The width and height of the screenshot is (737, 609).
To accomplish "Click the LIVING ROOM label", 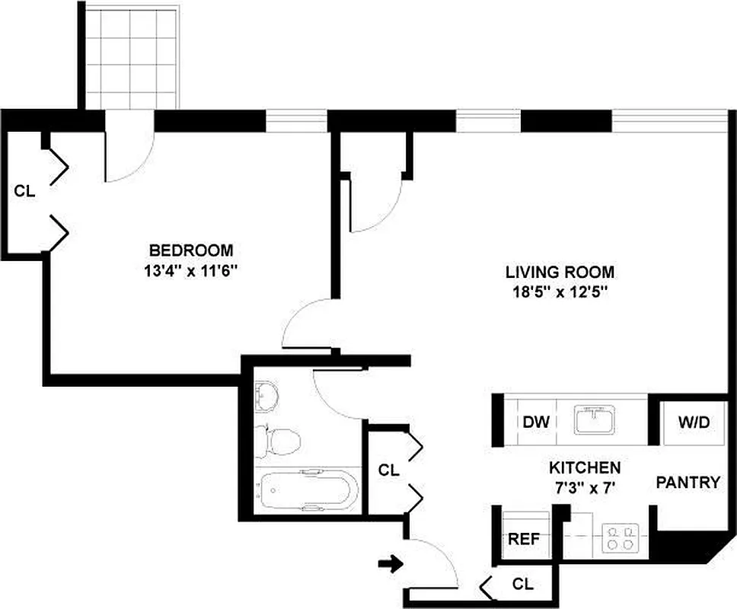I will [x=560, y=272].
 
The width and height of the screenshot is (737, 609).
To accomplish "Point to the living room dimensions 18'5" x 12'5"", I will [x=560, y=292].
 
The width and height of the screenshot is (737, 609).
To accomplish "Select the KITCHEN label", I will [x=585, y=467].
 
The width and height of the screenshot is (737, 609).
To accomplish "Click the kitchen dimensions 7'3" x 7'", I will [x=585, y=487].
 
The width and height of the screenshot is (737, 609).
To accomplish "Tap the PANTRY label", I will [x=688, y=482].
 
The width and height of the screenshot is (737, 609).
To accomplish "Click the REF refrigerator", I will [x=524, y=539].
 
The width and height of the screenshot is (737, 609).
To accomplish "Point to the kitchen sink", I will [x=595, y=419].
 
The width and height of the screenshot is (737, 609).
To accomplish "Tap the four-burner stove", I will [x=618, y=538].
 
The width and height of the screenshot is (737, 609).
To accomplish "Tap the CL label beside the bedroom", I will [x=24, y=191].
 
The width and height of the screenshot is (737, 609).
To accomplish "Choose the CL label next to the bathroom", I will [x=388, y=470].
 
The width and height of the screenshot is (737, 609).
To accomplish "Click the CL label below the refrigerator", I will [x=522, y=585].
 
